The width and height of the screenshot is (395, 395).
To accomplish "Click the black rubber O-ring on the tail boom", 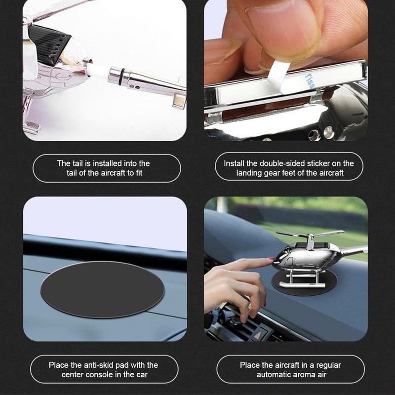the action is [123, 75].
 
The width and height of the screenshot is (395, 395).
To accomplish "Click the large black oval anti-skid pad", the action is [102, 289].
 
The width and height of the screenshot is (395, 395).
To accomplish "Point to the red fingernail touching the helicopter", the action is [270, 259].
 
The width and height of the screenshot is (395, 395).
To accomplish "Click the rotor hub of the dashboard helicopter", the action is [311, 237].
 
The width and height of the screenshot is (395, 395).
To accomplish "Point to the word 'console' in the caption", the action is [99, 375].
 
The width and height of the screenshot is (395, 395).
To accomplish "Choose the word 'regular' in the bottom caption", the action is [328, 365].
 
